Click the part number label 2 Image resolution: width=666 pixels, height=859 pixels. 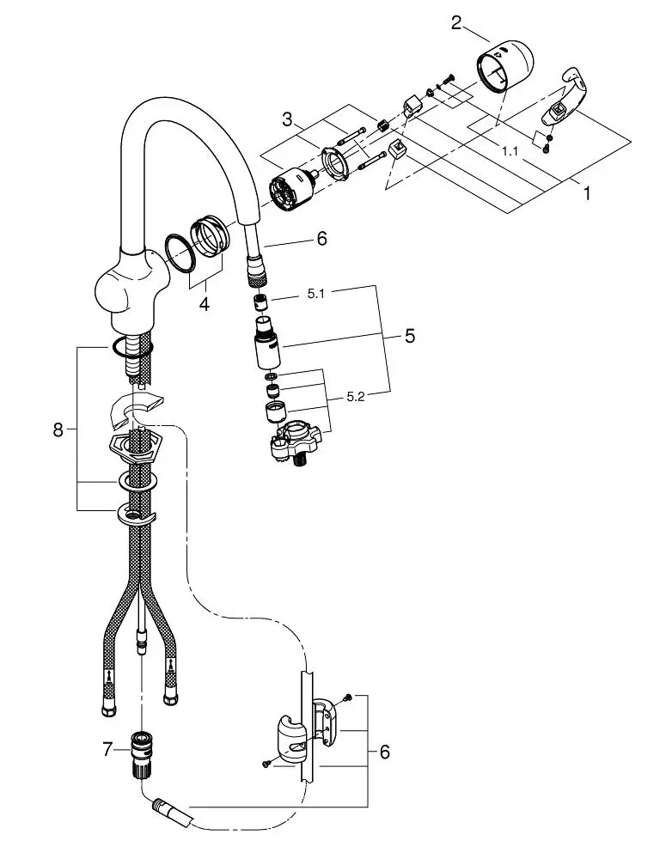coord(456,23)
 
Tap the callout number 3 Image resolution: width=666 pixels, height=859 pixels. coord(287,119)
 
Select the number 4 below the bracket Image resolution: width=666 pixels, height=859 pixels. coord(204,303)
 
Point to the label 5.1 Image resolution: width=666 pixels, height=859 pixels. coord(315,294)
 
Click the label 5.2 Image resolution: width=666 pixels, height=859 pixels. coord(355,397)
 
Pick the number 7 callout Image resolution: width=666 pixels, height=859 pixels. coord(107,749)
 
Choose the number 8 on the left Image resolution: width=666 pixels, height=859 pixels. coord(58,430)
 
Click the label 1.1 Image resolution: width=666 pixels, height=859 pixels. coord(510,150)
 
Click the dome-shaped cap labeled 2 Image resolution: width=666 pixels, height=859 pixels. coord(504,66)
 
